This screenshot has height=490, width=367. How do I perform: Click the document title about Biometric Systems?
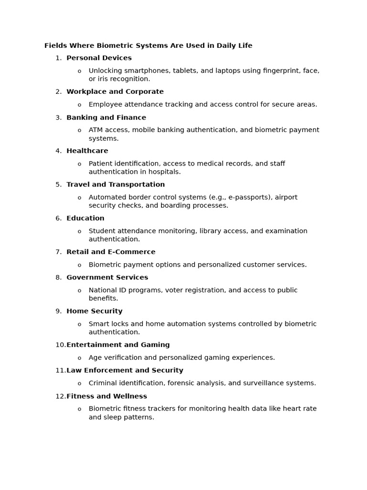pos(148,46)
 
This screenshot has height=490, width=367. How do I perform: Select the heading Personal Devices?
pos(99,58)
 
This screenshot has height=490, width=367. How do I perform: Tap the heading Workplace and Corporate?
pos(115,92)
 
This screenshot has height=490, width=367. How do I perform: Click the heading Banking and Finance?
pos(106,118)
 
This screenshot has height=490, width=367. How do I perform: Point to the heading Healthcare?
pos(87,151)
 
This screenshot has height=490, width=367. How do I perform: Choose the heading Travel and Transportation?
pos(115,185)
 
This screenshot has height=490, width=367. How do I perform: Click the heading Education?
pos(85,218)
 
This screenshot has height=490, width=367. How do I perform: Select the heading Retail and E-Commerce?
pos(110,252)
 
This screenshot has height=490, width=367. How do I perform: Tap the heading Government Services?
pos(107,278)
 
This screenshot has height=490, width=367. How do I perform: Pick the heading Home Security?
pos(94,311)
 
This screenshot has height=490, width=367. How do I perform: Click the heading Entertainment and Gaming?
pos(118,345)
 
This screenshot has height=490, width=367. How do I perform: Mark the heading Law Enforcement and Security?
pos(124,370)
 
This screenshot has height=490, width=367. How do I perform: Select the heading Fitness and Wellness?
pos(106,396)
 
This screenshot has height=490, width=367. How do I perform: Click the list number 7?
pos(58,252)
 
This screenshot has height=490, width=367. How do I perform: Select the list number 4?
pos(58,151)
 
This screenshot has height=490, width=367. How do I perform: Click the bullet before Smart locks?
pos(79,324)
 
